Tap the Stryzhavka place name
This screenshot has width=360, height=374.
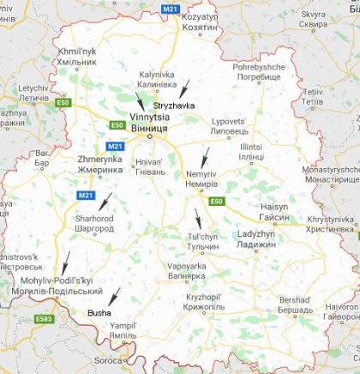coord(174,105)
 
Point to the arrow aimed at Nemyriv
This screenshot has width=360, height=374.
coord(204,157)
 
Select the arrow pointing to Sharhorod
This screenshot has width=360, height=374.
coord(105,202)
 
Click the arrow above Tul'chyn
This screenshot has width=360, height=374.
coord(197,218)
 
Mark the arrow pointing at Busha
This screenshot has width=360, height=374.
coord(114,297)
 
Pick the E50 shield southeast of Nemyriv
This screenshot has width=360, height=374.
coord(216,201)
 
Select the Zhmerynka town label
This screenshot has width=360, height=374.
coord(99,165)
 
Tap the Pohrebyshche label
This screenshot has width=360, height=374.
coord(257,70)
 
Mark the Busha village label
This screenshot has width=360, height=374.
coord(99,314)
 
